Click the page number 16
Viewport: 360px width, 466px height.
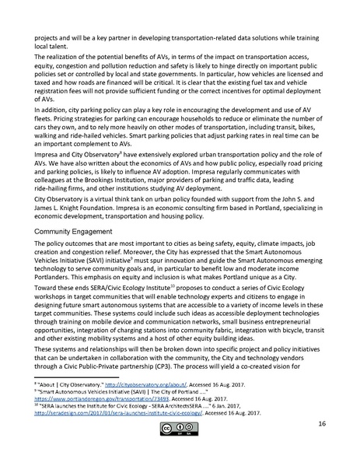pos(321,446)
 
